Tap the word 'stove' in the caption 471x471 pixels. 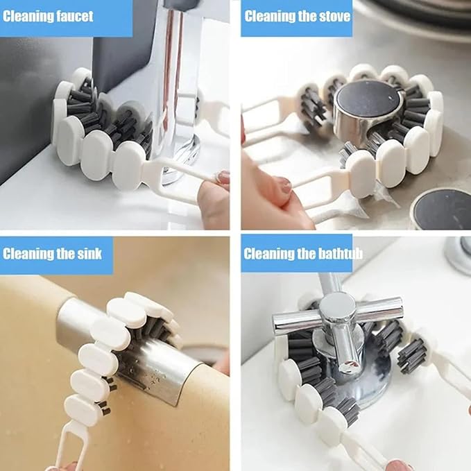pyautogui.click(x=332, y=17)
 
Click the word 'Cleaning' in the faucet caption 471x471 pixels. pyautogui.click(x=28, y=17)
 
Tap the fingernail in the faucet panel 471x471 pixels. pyautogui.click(x=223, y=178)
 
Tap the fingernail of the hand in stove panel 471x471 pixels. pyautogui.click(x=285, y=185)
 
